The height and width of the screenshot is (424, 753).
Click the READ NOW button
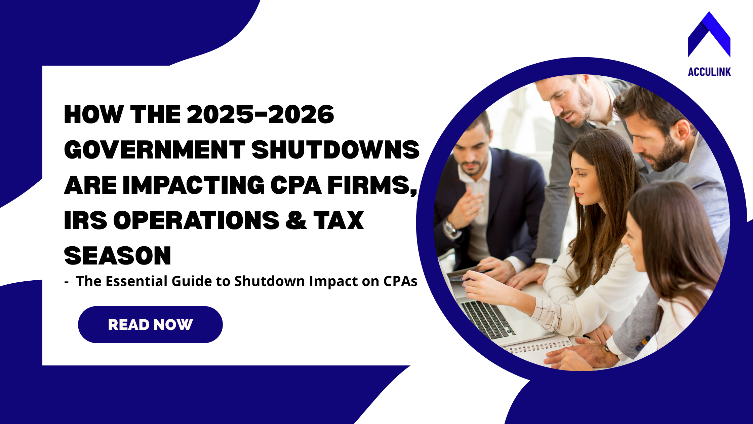150,324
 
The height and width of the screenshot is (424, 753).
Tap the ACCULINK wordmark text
709,72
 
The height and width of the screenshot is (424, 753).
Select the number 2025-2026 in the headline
261,114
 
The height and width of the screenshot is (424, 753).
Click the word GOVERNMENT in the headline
155,150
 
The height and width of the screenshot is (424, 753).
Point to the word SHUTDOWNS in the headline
335,150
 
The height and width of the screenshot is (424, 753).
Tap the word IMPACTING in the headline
194,185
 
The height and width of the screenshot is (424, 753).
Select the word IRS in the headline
85,220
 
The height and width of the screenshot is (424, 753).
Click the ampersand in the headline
296,220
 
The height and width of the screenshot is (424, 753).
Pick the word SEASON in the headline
118,256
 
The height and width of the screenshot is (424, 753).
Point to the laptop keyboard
487,320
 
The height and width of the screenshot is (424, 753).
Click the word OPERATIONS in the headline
196,220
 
